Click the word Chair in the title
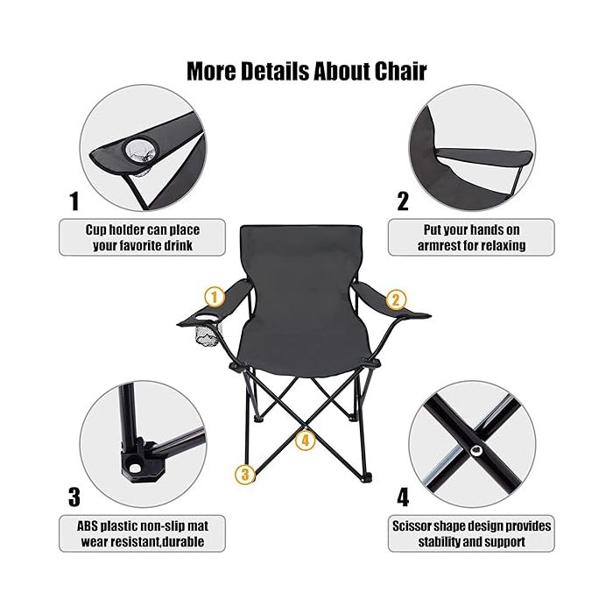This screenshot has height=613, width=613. coord(400,71)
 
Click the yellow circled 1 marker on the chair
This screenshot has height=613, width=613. coord(215,298)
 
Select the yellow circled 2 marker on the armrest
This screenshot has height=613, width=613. coord(396,300)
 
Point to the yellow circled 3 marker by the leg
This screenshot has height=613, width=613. coord(244,475)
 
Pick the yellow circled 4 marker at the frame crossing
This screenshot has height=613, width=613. coord(306,440)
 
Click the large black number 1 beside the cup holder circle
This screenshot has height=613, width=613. coord(74,201)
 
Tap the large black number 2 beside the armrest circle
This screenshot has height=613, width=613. coord(403,201)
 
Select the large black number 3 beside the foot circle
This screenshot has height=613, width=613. coord(74,497)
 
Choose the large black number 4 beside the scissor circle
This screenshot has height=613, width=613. coord(403,497)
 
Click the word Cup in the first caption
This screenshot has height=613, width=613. coord(95,230)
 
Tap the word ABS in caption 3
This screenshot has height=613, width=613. coord(88,526)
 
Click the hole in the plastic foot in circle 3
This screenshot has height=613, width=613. coord(135,468)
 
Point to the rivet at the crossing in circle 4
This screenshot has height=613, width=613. coord(476,451)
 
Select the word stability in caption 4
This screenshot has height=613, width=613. coord(439,542)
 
